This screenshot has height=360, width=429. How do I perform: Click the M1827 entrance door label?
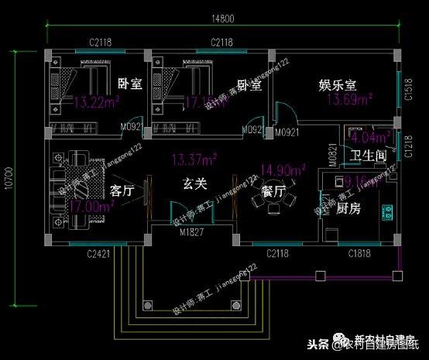pos(192,232)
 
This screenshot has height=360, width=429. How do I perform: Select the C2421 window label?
pos(100,252)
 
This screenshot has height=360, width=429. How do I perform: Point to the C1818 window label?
pos(360,252)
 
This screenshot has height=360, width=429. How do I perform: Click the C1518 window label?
pos(408,94)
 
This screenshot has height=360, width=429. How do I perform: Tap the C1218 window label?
pos(408,144)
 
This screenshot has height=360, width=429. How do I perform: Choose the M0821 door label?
pos(333,154)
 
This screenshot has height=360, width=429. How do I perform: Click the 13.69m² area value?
pos(349,99)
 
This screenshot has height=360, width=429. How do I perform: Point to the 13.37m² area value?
pos(194,160)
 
